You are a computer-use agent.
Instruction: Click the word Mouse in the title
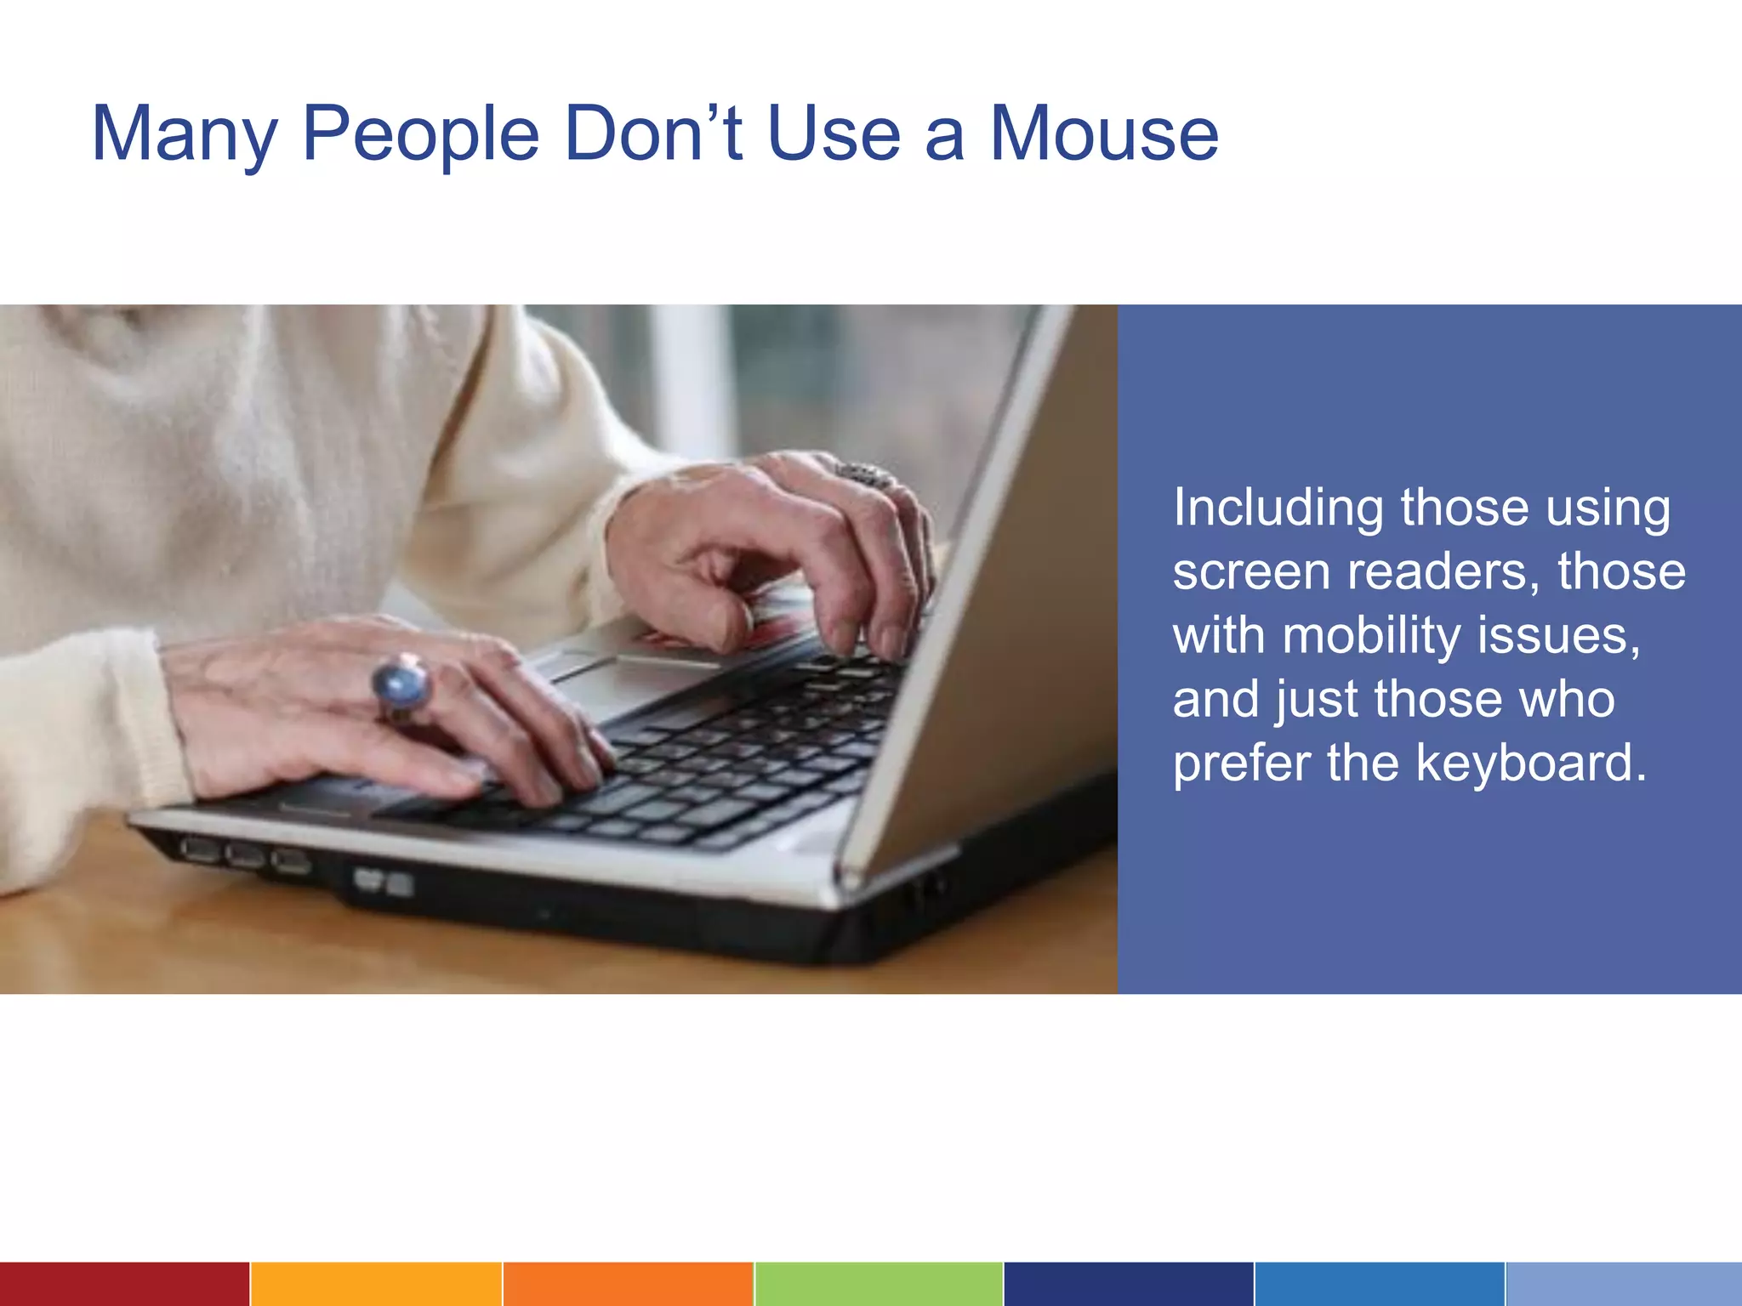pos(1103,134)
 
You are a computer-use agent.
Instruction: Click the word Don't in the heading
pos(654,134)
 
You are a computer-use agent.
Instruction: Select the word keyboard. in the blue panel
pos(1531,763)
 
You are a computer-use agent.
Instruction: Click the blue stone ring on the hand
pos(401,685)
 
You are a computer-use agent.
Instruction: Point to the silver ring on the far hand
pos(863,474)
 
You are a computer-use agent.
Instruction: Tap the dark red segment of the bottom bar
pos(124,1284)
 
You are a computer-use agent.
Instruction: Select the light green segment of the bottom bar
pos(878,1284)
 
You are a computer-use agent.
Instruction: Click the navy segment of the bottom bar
pos(1128,1284)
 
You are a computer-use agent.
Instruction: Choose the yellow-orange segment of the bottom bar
pos(375,1284)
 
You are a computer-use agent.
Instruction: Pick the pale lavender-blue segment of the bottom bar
pos(1623,1284)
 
